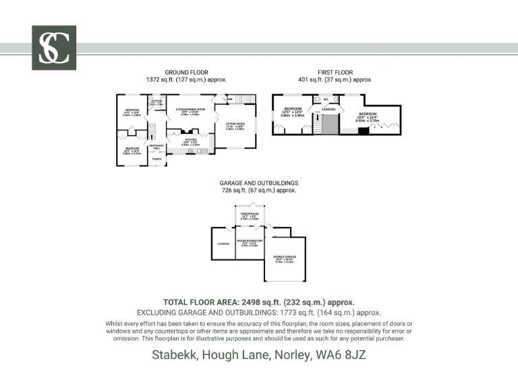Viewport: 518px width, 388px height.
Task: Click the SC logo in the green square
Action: click(x=54, y=48)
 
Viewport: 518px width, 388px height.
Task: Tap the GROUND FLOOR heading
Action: click(x=186, y=72)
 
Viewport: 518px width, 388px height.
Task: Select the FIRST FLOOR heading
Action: click(x=335, y=72)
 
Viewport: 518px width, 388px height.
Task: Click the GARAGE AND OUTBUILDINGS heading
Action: click(x=258, y=183)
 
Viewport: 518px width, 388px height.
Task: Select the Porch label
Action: click(x=156, y=159)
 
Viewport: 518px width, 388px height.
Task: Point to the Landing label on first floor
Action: click(x=328, y=108)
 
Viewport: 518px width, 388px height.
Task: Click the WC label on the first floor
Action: click(x=326, y=99)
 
